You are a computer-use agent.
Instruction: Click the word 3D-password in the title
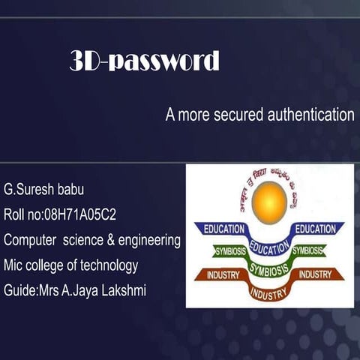[x=144, y=61]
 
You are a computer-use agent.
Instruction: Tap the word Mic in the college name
[x=13, y=265]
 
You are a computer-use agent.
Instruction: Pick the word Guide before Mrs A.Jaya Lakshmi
[x=19, y=289]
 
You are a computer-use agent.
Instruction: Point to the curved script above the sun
[x=268, y=177]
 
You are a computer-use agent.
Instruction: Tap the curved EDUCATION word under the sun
[x=268, y=243]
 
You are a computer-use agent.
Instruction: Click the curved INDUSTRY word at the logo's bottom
[x=268, y=291]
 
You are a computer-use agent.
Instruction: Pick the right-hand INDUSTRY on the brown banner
[x=319, y=275]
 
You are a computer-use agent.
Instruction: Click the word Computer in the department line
[x=30, y=241]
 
